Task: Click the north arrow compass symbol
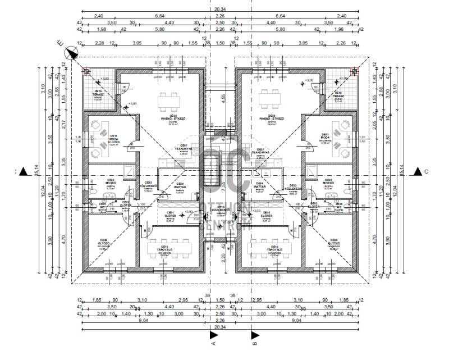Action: (71, 53)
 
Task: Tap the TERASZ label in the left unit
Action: (98, 95)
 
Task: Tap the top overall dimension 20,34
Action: (219, 10)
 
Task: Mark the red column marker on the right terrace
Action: (354, 71)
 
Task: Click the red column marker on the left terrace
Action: (86, 71)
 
